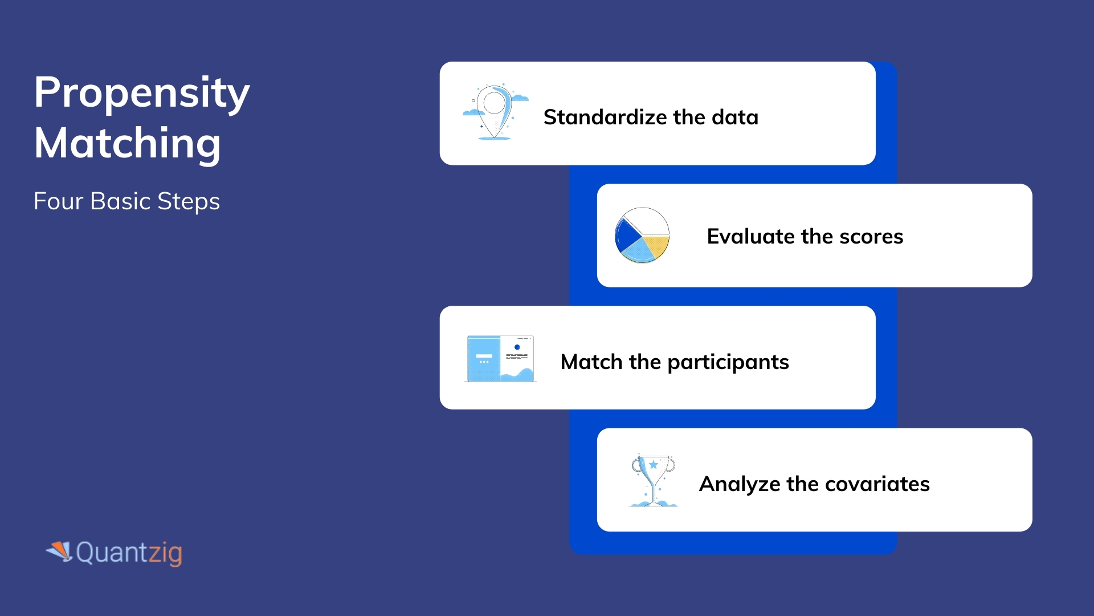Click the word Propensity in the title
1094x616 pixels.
click(141, 93)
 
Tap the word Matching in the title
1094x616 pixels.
click(127, 143)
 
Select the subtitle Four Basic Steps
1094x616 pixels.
click(126, 201)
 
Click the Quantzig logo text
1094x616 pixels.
click(129, 552)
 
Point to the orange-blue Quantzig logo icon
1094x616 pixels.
click(59, 551)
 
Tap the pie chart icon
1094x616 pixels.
click(642, 235)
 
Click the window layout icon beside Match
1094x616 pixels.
click(500, 358)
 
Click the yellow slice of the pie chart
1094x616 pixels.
click(657, 246)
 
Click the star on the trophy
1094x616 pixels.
click(654, 465)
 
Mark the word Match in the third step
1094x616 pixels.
click(591, 362)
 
